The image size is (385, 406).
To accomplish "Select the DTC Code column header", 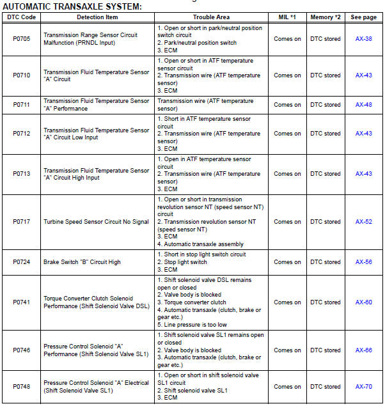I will pyautogui.click(x=20, y=17).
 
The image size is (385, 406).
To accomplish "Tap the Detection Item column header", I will pyautogui.click(x=97, y=17).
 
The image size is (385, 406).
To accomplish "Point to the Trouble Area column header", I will pyautogui.click(x=211, y=17).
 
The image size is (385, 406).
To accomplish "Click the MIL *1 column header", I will pyautogui.click(x=287, y=17).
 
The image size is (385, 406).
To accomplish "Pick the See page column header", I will pyautogui.click(x=363, y=17).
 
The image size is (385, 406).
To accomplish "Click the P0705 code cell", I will pyautogui.click(x=21, y=39).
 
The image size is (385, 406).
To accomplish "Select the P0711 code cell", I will pyautogui.click(x=21, y=105).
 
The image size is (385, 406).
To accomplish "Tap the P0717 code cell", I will pyautogui.click(x=21, y=222).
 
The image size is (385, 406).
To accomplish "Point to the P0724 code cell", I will pyautogui.click(x=21, y=262).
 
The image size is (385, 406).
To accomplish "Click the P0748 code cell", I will pyautogui.click(x=21, y=386).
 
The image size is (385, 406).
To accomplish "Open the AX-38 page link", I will pyautogui.click(x=364, y=39).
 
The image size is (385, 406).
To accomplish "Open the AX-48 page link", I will pyautogui.click(x=364, y=105).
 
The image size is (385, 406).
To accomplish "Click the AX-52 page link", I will pyautogui.click(x=364, y=222).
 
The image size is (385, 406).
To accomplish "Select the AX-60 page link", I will pyautogui.click(x=364, y=302).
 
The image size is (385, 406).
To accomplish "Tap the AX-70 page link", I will pyautogui.click(x=364, y=386).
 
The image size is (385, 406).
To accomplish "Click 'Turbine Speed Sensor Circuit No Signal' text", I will pyautogui.click(x=95, y=222).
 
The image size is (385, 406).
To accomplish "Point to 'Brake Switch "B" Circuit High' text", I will pyautogui.click(x=82, y=262).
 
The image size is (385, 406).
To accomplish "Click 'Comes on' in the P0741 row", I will pyautogui.click(x=287, y=302).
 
